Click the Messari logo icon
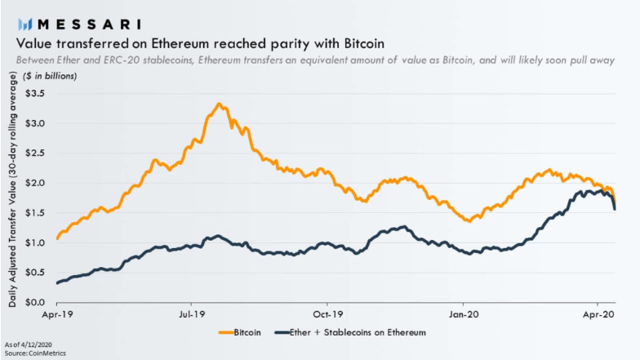(26, 22)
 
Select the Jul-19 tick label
(191, 313)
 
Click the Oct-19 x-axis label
(327, 313)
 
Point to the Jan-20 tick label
(464, 313)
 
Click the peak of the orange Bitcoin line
(219, 104)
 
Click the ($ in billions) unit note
(45, 76)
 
